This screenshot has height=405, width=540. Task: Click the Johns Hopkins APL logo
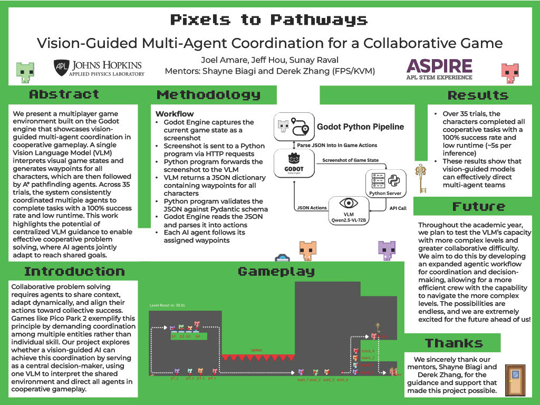[x=99, y=67]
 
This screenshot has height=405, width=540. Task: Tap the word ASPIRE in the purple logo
[x=439, y=65]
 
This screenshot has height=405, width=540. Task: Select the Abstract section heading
[x=64, y=94]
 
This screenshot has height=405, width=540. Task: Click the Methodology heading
[x=208, y=95]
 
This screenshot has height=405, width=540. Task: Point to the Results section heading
[x=478, y=95]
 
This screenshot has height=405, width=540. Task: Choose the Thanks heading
[x=454, y=343]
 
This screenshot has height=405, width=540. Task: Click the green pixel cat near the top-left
[x=25, y=70]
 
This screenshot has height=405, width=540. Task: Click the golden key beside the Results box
[x=420, y=178]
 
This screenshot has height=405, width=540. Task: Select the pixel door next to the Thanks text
[x=515, y=379]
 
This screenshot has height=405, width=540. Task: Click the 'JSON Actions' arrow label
[x=311, y=208]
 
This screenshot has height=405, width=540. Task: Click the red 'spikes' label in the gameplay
[x=255, y=349]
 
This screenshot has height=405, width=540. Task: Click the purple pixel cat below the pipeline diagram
[x=387, y=248]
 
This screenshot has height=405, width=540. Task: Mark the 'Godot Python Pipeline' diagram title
[x=360, y=127]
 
